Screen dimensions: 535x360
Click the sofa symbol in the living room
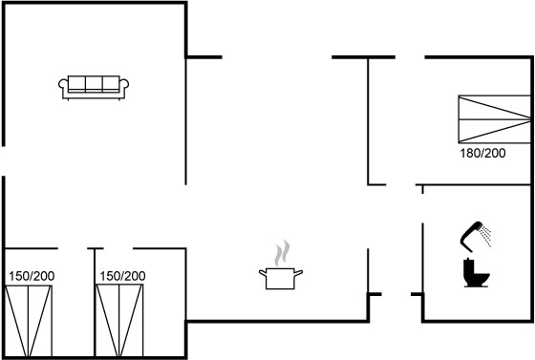[94, 88]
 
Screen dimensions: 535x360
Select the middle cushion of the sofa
[94, 83]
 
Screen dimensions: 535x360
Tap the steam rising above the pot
[283, 253]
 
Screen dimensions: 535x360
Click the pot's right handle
[298, 273]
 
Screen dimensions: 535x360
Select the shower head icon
[470, 236]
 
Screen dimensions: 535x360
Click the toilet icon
[477, 273]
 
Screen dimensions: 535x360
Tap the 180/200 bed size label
[482, 154]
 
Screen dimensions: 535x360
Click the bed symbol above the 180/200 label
[495, 119]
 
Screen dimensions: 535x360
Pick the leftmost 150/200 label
[32, 276]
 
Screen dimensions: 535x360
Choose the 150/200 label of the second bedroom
[122, 276]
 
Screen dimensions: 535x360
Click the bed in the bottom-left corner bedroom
[29, 321]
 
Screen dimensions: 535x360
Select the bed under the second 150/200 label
[119, 321]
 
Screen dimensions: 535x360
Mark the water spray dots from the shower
[485, 235]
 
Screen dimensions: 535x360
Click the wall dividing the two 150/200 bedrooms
[95, 303]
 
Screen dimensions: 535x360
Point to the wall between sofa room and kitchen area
[185, 120]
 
